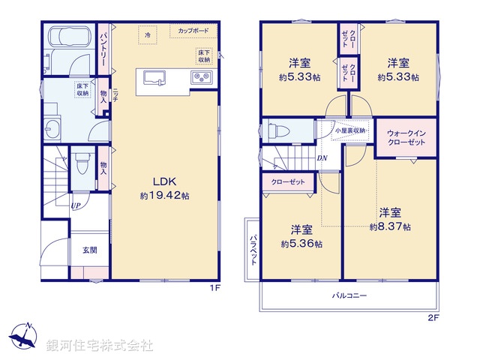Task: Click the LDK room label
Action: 165,181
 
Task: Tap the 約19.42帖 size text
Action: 164,195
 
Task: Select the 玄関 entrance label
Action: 89,250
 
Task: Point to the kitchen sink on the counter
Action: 154,77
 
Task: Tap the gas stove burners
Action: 202,76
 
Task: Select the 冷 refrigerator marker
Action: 148,35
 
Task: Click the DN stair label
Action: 322,157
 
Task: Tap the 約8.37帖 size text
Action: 389,225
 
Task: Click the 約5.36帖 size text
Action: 301,244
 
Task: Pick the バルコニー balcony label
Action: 349,296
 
